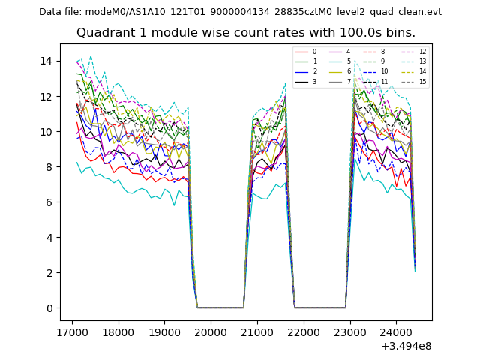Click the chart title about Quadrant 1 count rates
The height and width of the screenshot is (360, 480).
click(x=245, y=33)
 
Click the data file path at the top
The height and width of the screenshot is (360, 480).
click(x=240, y=12)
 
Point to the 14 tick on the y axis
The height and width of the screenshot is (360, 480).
click(x=49, y=61)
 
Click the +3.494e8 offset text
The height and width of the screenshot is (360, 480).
click(x=406, y=346)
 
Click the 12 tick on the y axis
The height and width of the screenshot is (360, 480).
click(x=49, y=96)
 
